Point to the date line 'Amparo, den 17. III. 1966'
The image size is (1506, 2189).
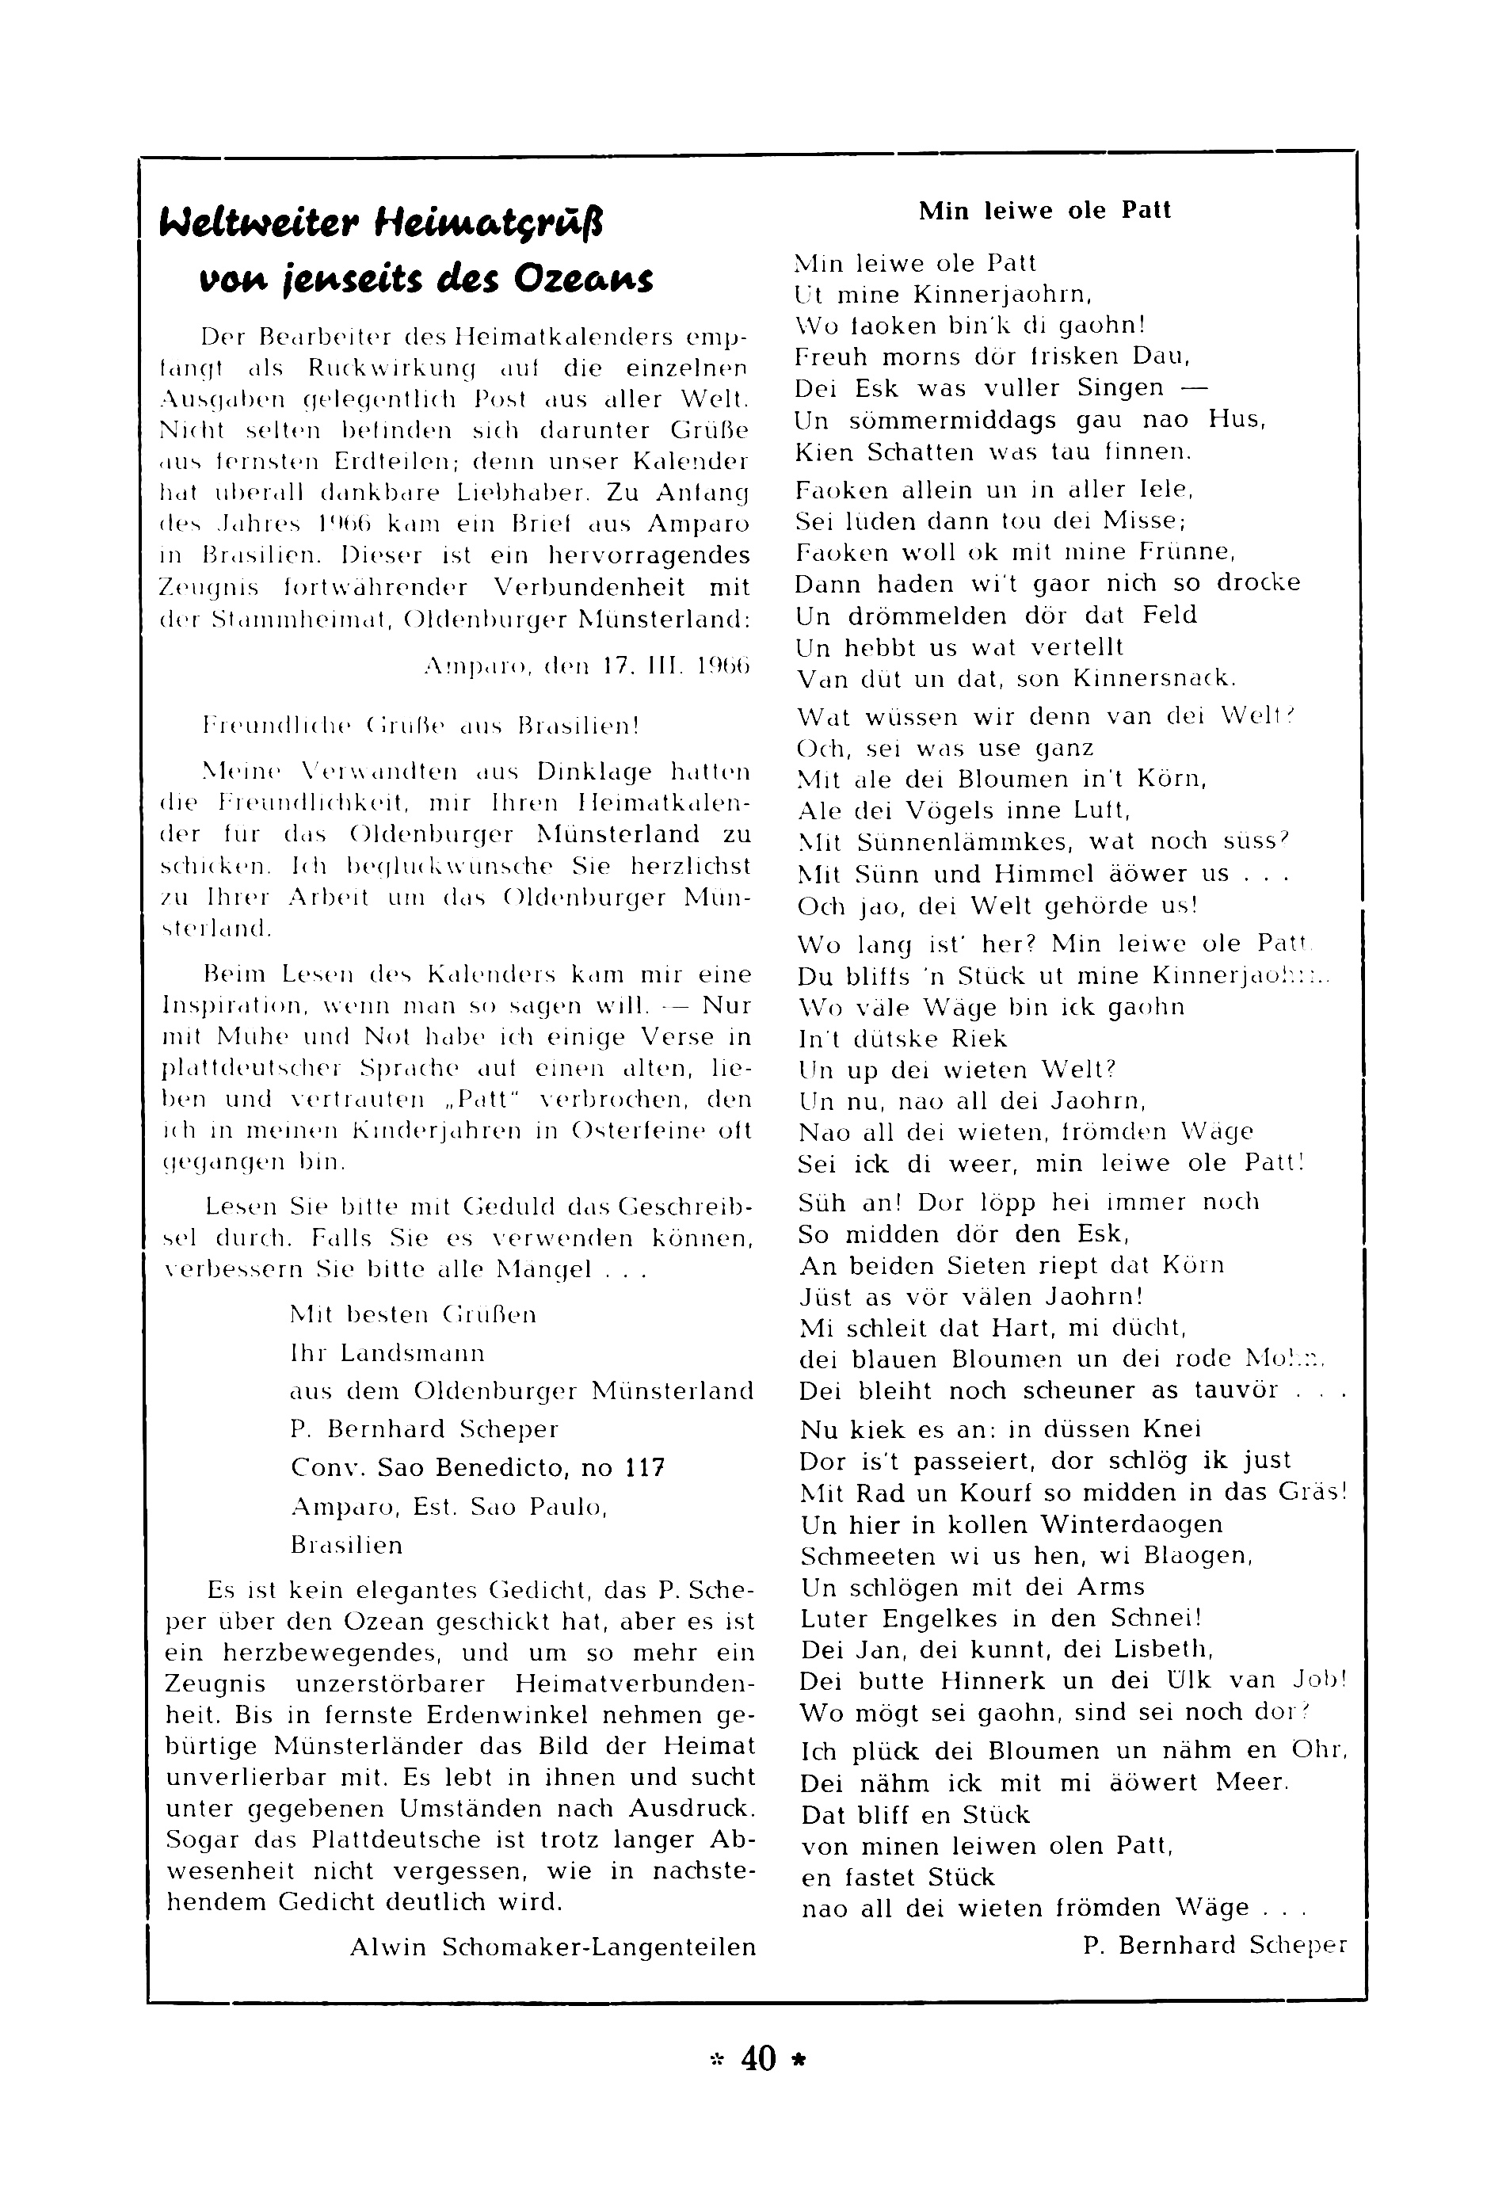click(587, 666)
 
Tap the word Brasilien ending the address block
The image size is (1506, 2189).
click(347, 1546)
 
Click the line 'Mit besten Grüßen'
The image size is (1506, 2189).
click(414, 1314)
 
